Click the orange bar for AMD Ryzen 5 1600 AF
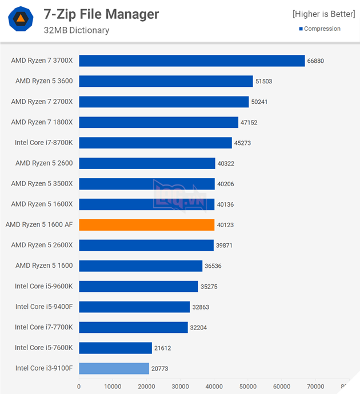click(146, 224)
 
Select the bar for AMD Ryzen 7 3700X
click(192, 61)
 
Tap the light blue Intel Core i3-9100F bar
click(114, 368)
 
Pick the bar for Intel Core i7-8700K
click(155, 143)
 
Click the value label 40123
click(225, 225)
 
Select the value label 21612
click(164, 348)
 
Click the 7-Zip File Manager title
click(101, 14)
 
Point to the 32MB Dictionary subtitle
click(76, 30)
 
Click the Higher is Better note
click(324, 14)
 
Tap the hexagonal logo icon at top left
click(20, 19)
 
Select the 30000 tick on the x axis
click(181, 387)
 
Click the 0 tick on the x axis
click(79, 387)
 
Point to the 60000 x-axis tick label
click(282, 387)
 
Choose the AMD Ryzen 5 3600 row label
click(44, 81)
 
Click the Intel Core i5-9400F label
click(43, 307)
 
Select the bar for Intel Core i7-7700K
click(133, 327)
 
